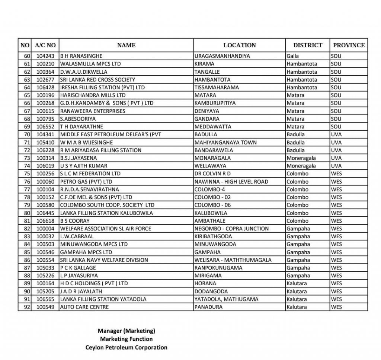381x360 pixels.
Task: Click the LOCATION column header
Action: pyautogui.click(x=239, y=45)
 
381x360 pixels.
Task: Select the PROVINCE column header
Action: pyautogui.click(x=349, y=45)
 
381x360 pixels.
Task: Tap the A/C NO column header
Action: pyautogui.click(x=45, y=45)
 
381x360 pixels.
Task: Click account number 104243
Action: pyautogui.click(x=45, y=56)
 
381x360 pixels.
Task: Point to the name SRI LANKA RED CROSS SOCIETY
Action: pyautogui.click(x=97, y=80)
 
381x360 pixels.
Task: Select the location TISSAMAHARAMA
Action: pyautogui.click(x=217, y=87)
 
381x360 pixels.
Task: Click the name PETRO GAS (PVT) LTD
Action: pyautogui.click(x=86, y=182)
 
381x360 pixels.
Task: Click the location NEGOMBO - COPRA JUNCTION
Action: pyautogui.click(x=231, y=229)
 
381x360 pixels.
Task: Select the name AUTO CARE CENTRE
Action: pyautogui.click(x=84, y=307)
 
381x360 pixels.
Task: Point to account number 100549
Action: pyautogui.click(x=45, y=307)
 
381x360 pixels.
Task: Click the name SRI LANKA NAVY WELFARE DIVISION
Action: pyautogui.click(x=104, y=260)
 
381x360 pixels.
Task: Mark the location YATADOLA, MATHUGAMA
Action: pyautogui.click(x=226, y=299)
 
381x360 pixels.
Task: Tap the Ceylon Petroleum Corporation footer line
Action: pyautogui.click(x=126, y=347)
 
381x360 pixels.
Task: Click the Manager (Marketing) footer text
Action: pyautogui.click(x=126, y=331)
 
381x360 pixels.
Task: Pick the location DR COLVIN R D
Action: pyautogui.click(x=212, y=174)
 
